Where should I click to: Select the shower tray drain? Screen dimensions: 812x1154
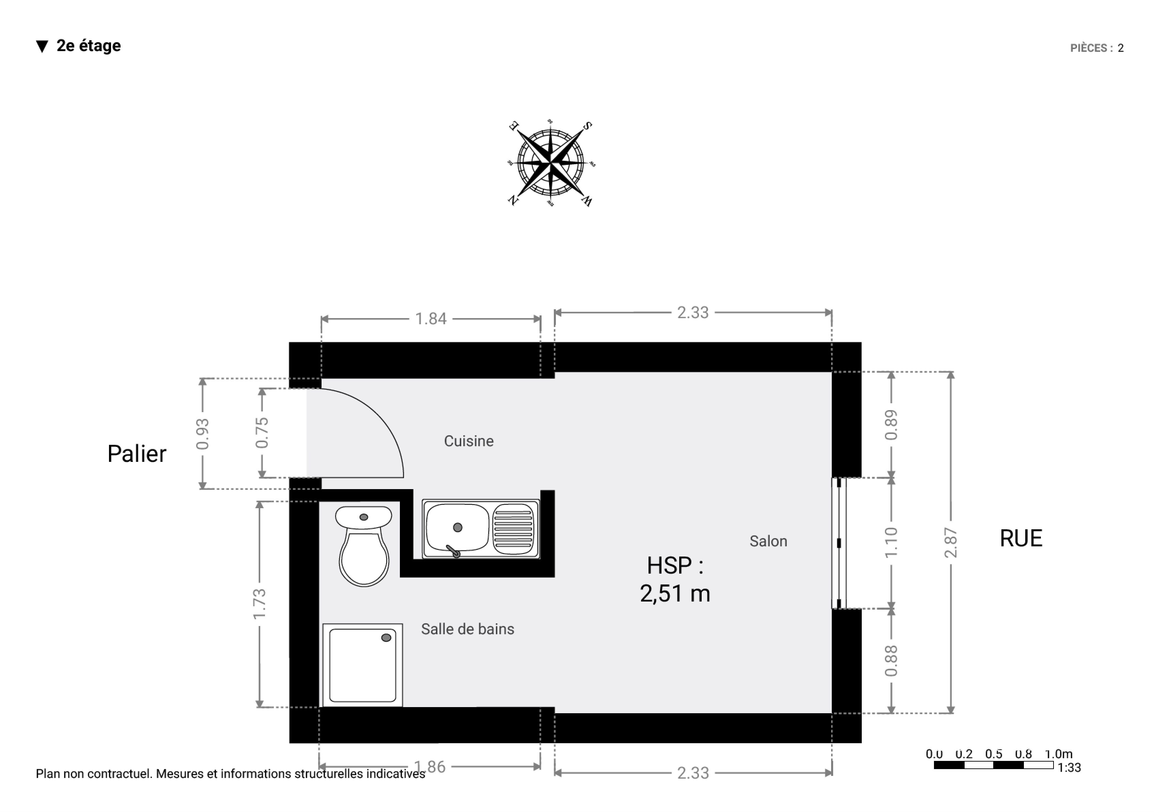click(386, 638)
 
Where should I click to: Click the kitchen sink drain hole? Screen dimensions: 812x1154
click(457, 527)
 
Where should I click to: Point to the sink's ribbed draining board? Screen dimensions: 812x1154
click(513, 529)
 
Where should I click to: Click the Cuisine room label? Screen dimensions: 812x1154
click(468, 441)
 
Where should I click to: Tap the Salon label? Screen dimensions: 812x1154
click(768, 541)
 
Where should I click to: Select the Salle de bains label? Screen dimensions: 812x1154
click(467, 629)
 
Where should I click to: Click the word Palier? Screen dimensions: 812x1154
click(137, 454)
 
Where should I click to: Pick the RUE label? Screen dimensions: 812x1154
click(1021, 538)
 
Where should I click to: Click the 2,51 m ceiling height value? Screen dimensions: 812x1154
click(674, 593)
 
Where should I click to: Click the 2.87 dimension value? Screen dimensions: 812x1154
click(950, 543)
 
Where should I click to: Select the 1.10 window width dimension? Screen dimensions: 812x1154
click(891, 543)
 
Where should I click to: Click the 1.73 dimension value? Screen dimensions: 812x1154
click(259, 605)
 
